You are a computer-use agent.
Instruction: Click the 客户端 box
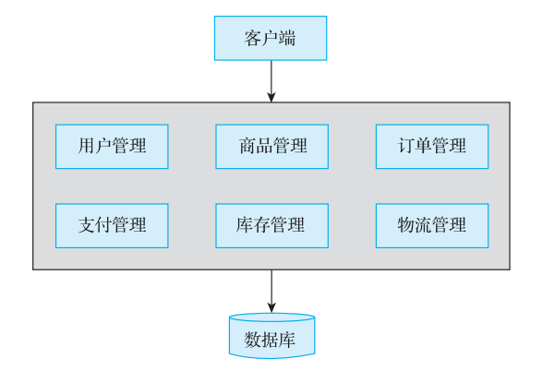click(x=271, y=38)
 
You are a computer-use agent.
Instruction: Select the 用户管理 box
click(x=112, y=147)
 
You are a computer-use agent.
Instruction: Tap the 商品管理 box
click(x=272, y=147)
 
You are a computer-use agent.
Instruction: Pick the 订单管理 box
click(x=432, y=147)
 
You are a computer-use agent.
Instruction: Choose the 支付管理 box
click(x=112, y=225)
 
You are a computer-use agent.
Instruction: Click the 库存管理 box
click(x=272, y=225)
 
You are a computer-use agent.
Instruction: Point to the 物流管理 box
click(x=432, y=225)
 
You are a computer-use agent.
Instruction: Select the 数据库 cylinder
click(x=272, y=336)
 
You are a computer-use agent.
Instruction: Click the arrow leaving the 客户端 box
click(x=271, y=81)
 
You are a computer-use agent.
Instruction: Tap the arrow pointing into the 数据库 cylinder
click(x=271, y=292)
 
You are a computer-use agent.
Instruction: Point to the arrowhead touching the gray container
click(x=271, y=97)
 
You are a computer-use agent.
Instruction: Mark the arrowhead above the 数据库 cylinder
click(x=271, y=308)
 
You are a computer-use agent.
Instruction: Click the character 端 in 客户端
click(x=287, y=38)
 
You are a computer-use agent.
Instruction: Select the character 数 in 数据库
click(x=253, y=340)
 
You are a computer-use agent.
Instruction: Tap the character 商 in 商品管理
click(x=247, y=146)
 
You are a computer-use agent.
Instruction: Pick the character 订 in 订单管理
click(x=407, y=146)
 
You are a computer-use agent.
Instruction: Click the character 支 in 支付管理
click(x=87, y=225)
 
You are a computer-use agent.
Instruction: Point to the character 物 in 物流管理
click(x=407, y=225)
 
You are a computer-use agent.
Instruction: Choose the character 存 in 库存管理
click(x=262, y=225)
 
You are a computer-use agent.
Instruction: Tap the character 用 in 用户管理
click(x=87, y=146)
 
